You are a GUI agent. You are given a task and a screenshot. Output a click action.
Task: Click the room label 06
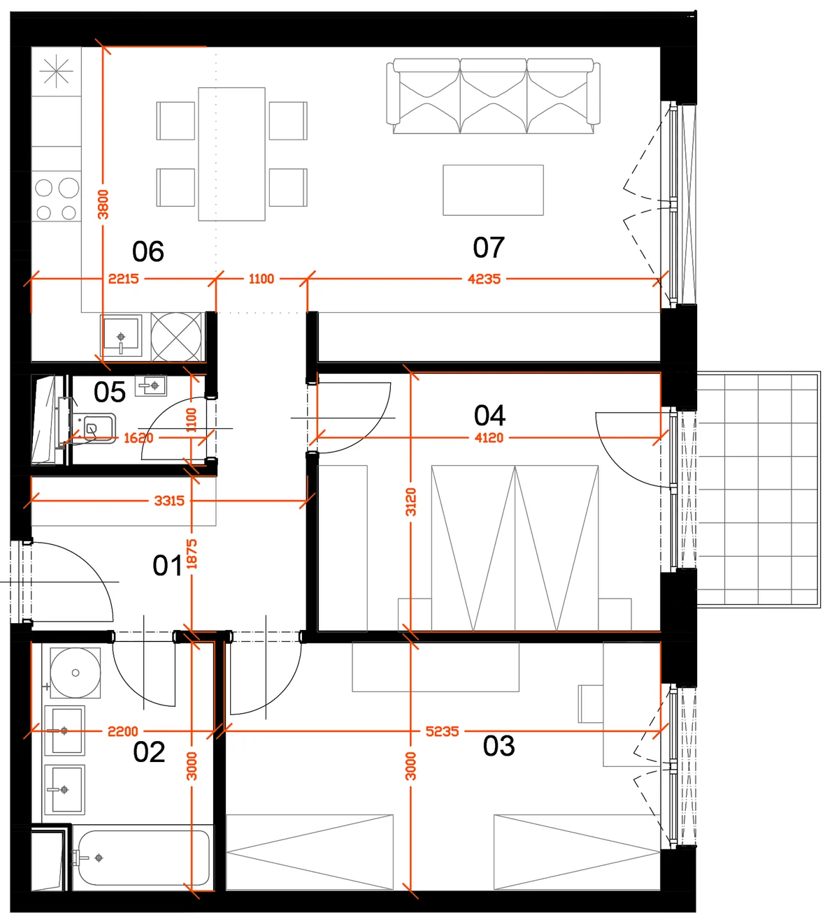click(148, 251)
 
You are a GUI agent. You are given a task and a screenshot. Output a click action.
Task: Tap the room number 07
click(489, 247)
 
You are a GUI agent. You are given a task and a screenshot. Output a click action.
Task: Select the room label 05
click(110, 392)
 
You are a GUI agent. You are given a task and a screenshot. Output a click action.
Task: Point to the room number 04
click(490, 415)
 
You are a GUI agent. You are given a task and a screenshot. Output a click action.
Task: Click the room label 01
click(167, 566)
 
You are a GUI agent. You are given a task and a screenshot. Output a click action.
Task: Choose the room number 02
click(149, 752)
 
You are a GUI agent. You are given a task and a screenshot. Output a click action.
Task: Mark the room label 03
click(499, 746)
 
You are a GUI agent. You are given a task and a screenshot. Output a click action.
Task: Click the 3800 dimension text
click(103, 204)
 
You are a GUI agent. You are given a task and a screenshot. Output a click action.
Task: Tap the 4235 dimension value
click(484, 279)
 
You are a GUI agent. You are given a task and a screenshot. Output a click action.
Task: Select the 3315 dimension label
click(169, 501)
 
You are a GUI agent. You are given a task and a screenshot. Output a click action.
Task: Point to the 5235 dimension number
click(442, 731)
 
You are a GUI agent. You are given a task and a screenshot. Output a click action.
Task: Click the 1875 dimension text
click(192, 554)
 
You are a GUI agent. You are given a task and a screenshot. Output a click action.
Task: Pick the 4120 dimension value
click(489, 438)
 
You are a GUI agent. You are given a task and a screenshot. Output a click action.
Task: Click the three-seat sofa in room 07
click(493, 96)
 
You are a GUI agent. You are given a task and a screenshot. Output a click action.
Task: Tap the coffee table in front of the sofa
click(493, 190)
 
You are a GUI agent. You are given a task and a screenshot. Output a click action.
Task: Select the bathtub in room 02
click(143, 858)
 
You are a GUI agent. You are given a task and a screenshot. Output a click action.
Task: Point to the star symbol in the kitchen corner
click(56, 71)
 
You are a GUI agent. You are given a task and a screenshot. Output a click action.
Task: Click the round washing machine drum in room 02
click(76, 673)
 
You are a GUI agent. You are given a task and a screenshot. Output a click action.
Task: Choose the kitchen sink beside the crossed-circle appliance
click(122, 335)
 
